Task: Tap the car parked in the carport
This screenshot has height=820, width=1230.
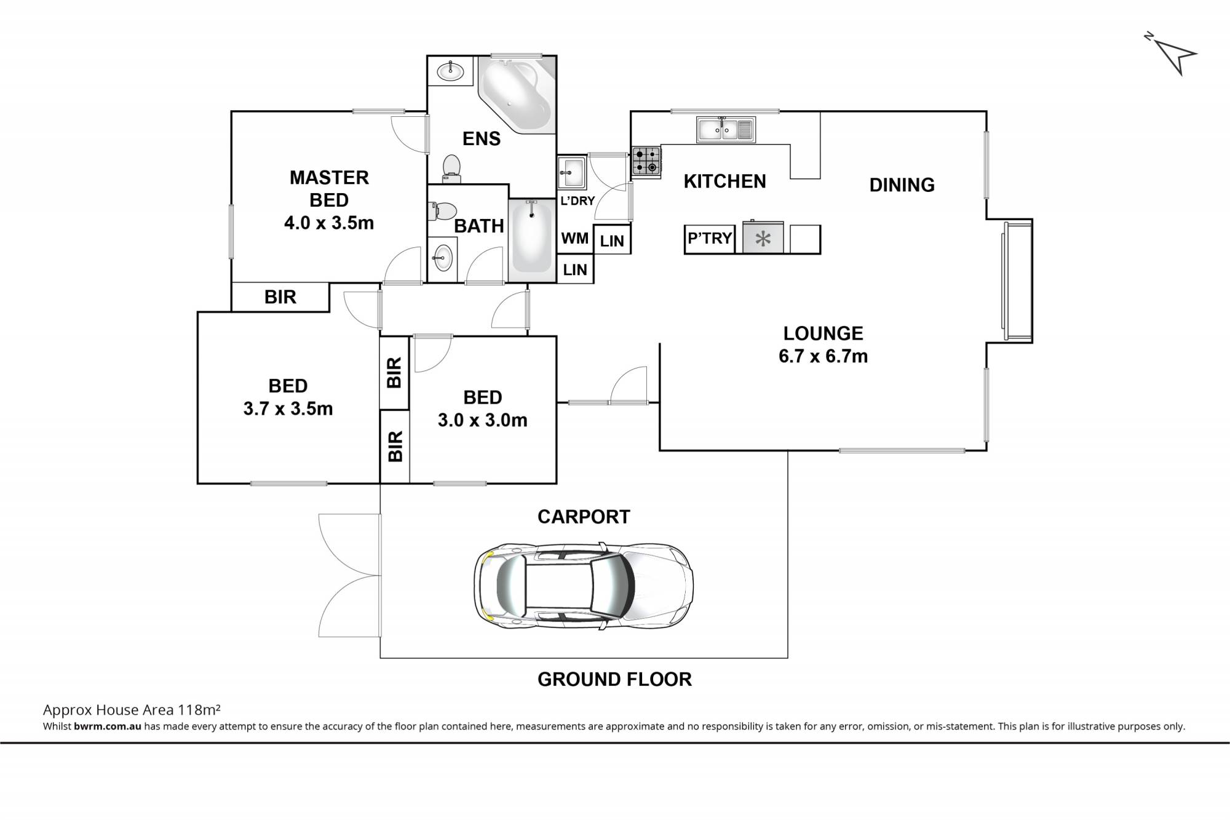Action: (584, 585)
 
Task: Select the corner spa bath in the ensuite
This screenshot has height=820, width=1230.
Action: (517, 94)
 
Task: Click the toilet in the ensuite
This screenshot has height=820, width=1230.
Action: (452, 168)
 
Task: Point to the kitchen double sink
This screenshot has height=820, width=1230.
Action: (726, 129)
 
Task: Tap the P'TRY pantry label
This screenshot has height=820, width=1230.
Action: (710, 238)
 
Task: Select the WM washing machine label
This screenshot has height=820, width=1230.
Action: (575, 238)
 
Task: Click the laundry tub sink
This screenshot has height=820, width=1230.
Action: (572, 172)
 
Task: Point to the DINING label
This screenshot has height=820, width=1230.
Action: (902, 185)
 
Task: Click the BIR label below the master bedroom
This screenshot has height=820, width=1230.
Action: (280, 297)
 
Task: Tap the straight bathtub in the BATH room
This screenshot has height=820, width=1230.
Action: (532, 237)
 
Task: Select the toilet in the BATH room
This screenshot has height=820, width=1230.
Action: (442, 210)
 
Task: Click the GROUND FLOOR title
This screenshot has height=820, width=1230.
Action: (614, 679)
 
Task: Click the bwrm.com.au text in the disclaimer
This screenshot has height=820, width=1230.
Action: (108, 726)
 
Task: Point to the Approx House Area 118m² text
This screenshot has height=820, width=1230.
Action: (132, 710)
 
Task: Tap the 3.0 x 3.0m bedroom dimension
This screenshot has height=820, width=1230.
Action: (482, 420)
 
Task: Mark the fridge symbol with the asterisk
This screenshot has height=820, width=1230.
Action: (763, 238)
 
